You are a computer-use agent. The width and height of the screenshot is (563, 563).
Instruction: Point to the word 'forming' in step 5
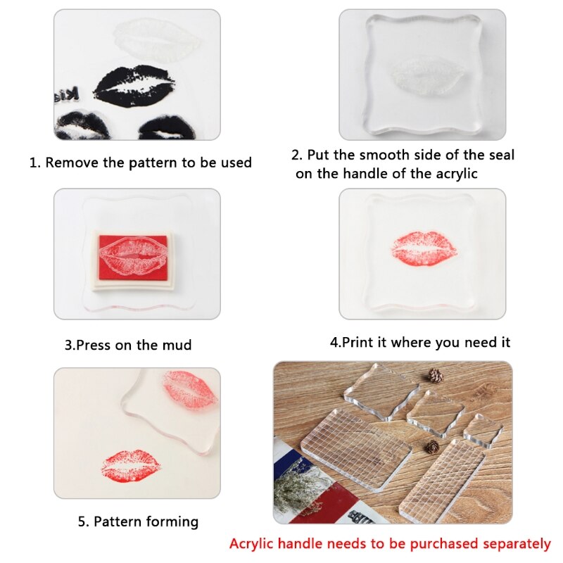click(172, 521)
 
